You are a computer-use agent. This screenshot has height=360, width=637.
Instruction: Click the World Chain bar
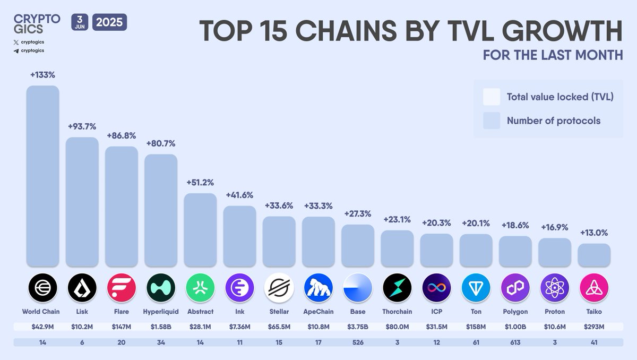(x=42, y=176)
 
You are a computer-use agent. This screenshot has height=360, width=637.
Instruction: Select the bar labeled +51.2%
(x=200, y=229)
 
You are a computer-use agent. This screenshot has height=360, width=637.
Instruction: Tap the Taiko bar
(x=594, y=255)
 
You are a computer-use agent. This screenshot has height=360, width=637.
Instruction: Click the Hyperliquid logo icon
(x=161, y=288)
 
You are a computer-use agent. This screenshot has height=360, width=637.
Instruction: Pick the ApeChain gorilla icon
(x=318, y=288)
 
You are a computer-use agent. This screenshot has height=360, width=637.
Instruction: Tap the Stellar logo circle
(x=279, y=288)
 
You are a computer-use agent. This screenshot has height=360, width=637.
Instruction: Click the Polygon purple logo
(x=515, y=288)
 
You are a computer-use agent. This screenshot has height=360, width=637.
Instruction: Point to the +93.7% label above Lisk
(x=82, y=126)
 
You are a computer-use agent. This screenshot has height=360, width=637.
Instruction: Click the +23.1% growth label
(x=397, y=219)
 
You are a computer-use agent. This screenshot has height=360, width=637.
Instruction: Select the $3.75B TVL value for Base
(x=358, y=327)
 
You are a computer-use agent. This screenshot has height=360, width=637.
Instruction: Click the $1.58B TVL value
(x=161, y=327)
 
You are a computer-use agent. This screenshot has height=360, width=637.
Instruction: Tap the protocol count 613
(x=515, y=342)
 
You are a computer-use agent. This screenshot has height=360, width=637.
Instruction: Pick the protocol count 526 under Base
(x=358, y=342)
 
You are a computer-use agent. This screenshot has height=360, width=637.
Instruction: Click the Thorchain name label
(x=397, y=312)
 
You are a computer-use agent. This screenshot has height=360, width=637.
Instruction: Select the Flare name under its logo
(x=122, y=312)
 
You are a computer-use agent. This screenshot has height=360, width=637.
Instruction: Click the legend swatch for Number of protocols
(x=492, y=121)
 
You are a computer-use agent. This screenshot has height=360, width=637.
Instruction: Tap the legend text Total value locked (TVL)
(x=560, y=97)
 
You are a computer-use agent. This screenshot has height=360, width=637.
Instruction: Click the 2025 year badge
(x=110, y=23)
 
